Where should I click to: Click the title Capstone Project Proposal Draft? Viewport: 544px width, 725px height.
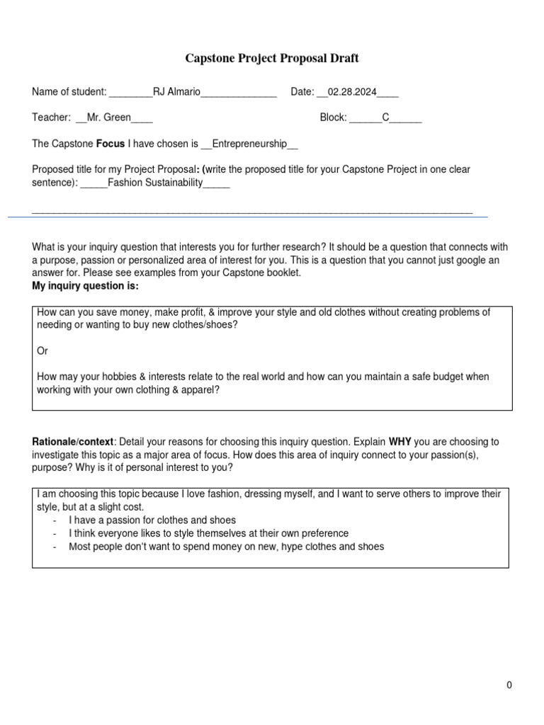(x=272, y=58)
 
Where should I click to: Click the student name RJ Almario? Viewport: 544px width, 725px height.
(x=177, y=92)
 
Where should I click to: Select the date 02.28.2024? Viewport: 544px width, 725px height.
(x=352, y=92)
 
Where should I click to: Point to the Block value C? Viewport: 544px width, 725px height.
(x=386, y=118)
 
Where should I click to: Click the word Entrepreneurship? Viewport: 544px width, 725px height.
(x=244, y=144)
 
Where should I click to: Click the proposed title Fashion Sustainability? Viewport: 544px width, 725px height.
(x=155, y=183)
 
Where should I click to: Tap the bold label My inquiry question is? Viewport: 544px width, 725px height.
(x=86, y=285)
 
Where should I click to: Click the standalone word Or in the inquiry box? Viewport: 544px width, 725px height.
(x=42, y=351)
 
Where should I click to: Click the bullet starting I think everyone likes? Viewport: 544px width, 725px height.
(x=208, y=533)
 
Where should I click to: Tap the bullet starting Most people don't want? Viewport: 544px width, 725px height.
(x=226, y=547)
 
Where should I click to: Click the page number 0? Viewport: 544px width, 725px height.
(x=509, y=685)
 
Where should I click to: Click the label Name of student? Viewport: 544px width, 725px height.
(x=69, y=92)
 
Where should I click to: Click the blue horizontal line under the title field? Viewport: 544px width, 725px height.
(x=248, y=216)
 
